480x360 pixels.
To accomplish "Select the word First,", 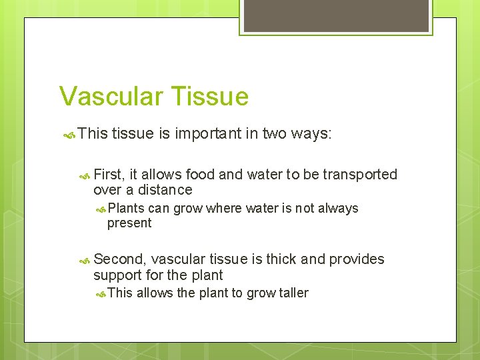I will click(x=109, y=175).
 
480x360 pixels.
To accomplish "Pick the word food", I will click(x=200, y=175).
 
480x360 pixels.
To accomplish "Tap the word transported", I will click(x=360, y=175).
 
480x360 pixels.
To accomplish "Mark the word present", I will click(x=129, y=223).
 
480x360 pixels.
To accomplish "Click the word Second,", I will click(x=120, y=259).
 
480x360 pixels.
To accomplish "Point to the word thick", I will click(x=281, y=259).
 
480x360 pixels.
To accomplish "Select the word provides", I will click(x=357, y=259).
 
